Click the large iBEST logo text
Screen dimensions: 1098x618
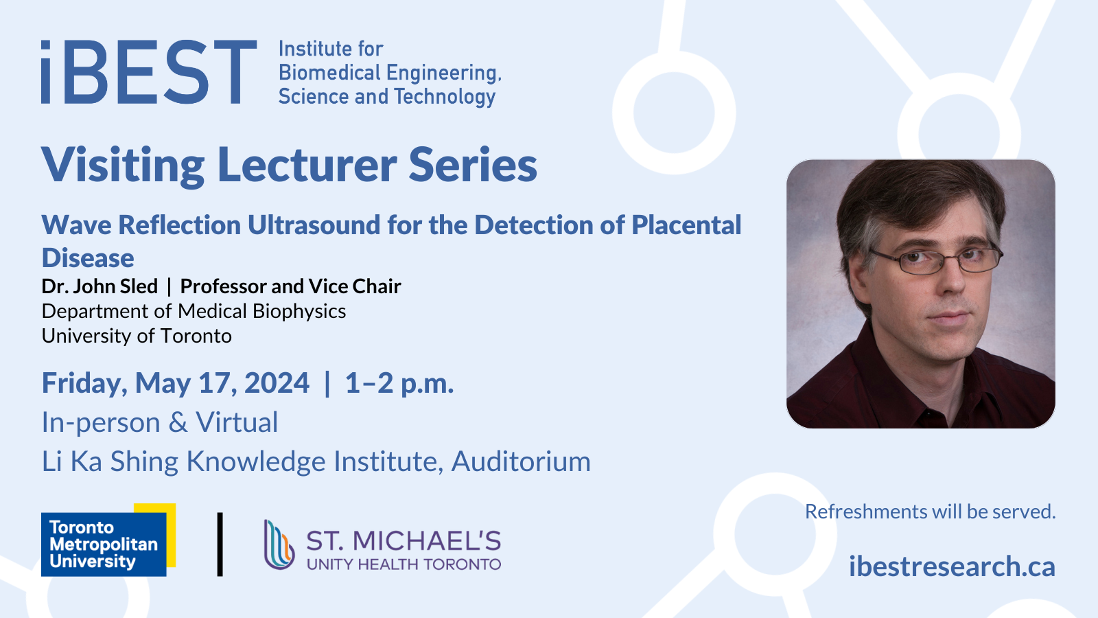(x=149, y=71)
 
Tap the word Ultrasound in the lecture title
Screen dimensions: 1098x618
(x=314, y=225)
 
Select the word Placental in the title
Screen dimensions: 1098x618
(x=686, y=225)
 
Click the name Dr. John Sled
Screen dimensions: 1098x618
(x=100, y=286)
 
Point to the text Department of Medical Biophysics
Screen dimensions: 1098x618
(x=194, y=312)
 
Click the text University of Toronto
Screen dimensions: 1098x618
(x=137, y=336)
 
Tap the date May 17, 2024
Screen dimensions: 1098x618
(x=222, y=383)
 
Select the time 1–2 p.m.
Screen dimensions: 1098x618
(x=399, y=383)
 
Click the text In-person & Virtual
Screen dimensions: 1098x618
(x=160, y=422)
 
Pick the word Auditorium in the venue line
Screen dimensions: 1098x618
(x=521, y=461)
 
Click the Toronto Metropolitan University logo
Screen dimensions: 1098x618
(x=108, y=540)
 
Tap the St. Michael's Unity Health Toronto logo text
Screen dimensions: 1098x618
(x=404, y=549)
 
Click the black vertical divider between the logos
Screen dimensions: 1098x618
(x=220, y=545)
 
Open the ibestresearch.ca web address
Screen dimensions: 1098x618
(x=952, y=566)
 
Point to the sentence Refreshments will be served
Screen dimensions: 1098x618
(x=931, y=512)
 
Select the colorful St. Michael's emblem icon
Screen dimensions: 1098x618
(x=279, y=545)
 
